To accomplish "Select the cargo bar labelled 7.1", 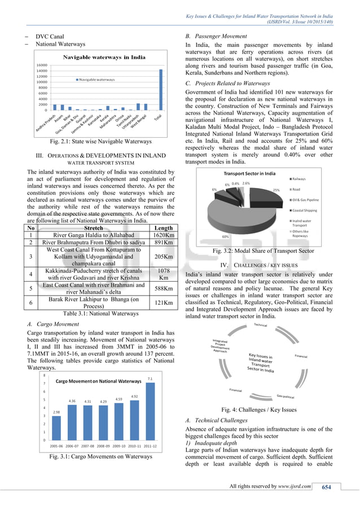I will (150, 409).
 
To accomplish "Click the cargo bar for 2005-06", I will (56, 427).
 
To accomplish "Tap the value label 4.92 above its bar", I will (134, 396).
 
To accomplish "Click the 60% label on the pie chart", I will (225, 236).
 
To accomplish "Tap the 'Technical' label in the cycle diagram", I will (260, 325).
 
